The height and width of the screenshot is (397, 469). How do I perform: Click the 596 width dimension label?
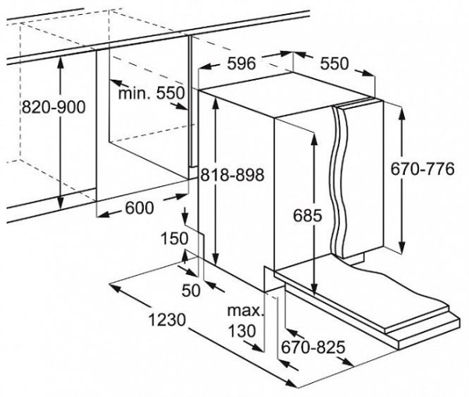point(242,64)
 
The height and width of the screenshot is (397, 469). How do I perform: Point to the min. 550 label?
point(151,94)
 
